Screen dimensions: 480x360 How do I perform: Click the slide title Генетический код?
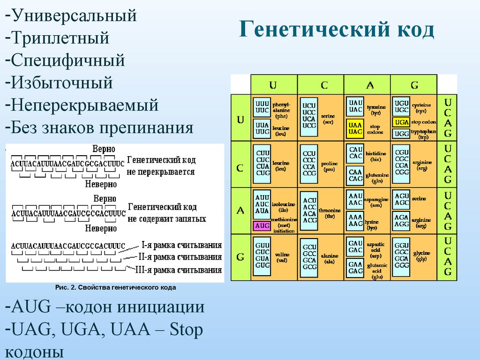pyautogui.click(x=337, y=30)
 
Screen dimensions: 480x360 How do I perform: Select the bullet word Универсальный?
pyautogui.click(x=75, y=15)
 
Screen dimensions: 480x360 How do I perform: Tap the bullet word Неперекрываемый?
pyautogui.click(x=85, y=105)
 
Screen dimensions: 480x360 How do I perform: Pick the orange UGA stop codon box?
pyautogui.click(x=401, y=122)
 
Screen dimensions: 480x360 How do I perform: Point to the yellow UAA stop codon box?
pyautogui.click(x=355, y=128)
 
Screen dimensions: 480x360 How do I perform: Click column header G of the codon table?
pyautogui.click(x=414, y=85)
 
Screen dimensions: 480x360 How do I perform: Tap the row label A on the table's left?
pyautogui.click(x=240, y=210)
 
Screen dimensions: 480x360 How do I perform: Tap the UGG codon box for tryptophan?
pyautogui.click(x=401, y=134)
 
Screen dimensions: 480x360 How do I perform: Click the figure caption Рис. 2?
pyautogui.click(x=115, y=288)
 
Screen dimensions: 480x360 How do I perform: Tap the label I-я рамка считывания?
pyautogui.click(x=182, y=245)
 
